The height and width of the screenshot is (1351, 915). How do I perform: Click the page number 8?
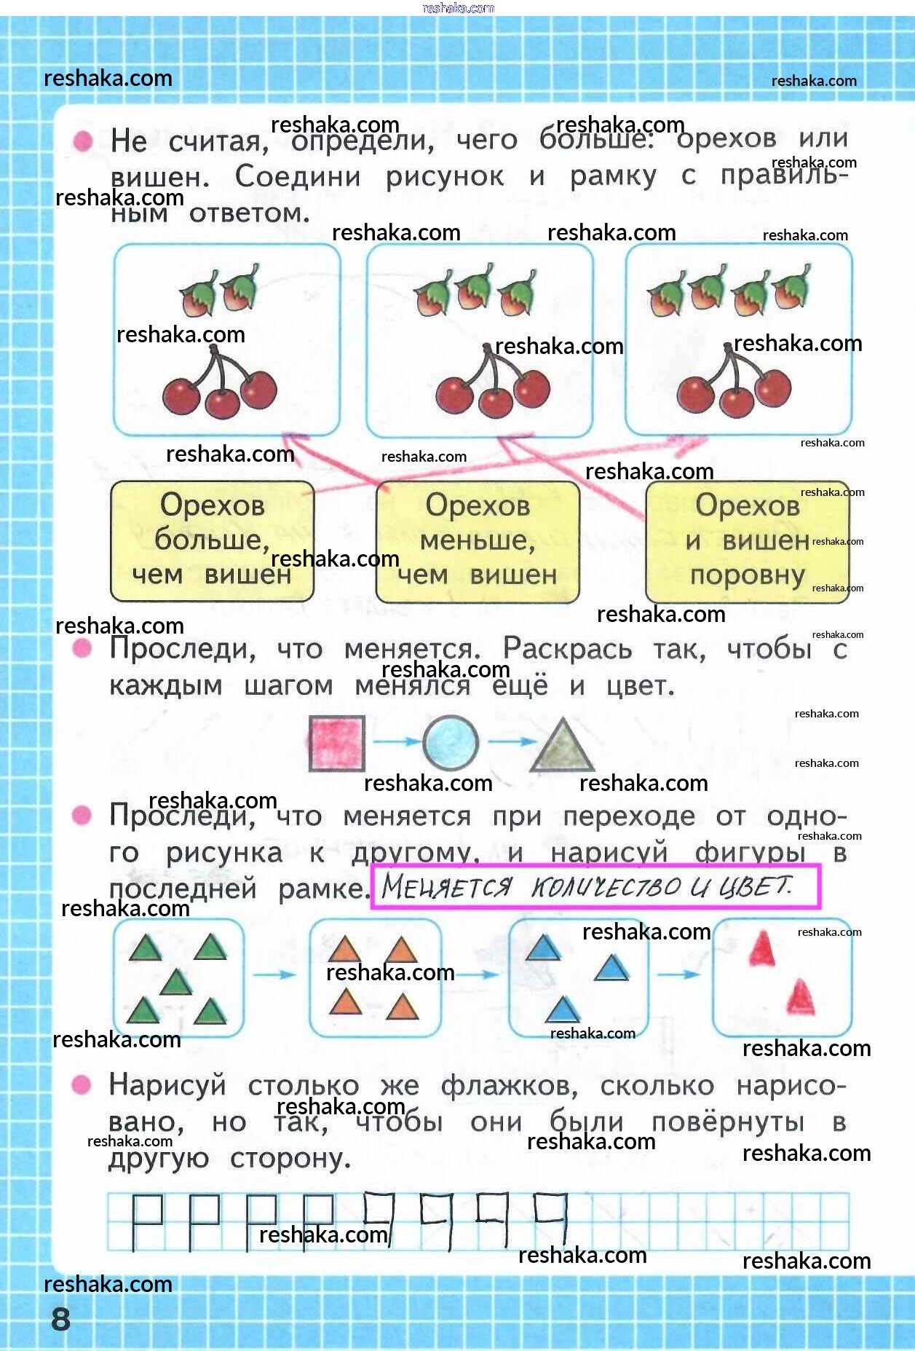pyautogui.click(x=60, y=1318)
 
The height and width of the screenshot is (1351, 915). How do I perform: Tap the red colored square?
pyautogui.click(x=336, y=743)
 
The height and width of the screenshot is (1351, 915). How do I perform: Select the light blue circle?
pyautogui.click(x=451, y=742)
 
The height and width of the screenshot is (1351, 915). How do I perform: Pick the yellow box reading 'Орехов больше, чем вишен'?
pyautogui.click(x=212, y=541)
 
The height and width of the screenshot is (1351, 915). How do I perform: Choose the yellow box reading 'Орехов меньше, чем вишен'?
pyautogui.click(x=478, y=541)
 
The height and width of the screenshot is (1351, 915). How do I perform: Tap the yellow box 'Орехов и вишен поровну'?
pyautogui.click(x=747, y=541)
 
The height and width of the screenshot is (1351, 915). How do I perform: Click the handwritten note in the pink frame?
pyautogui.click(x=595, y=886)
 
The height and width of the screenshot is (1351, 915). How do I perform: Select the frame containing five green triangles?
pyautogui.click(x=178, y=978)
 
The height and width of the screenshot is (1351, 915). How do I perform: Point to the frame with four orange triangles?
pyautogui.click(x=375, y=978)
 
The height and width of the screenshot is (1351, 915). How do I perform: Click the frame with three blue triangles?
pyautogui.click(x=578, y=978)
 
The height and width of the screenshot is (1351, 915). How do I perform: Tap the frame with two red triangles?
pyautogui.click(x=782, y=978)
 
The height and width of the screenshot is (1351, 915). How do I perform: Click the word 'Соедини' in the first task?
pyautogui.click(x=298, y=176)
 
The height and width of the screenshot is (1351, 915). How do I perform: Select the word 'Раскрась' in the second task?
pyautogui.click(x=567, y=649)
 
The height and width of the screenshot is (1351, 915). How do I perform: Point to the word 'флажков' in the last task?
pyautogui.click(x=509, y=1086)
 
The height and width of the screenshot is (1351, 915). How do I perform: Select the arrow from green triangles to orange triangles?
pyautogui.click(x=274, y=974)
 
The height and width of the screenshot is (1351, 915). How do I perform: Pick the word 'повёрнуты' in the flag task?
pyautogui.click(x=727, y=1122)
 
